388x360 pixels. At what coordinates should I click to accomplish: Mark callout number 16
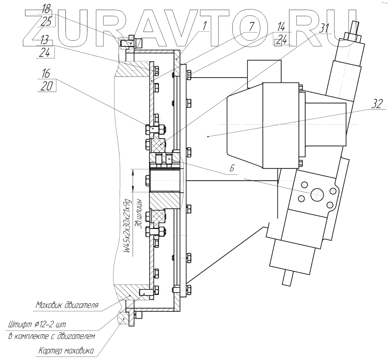[x=46, y=74]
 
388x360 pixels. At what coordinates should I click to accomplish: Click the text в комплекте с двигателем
[x=52, y=336]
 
